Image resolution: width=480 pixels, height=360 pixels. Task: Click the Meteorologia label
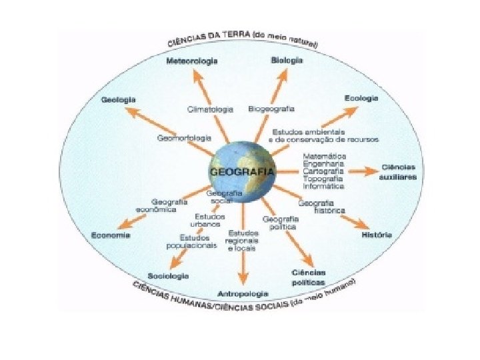[192, 61]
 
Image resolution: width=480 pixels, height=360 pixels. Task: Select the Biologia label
[287, 60]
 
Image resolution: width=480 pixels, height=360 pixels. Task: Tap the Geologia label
[119, 100]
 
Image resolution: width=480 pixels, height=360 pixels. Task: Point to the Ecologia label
[361, 98]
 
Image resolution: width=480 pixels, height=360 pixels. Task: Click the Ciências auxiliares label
[397, 172]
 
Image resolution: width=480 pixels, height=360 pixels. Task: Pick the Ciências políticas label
[308, 277]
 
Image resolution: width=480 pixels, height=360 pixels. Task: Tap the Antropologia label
[243, 293]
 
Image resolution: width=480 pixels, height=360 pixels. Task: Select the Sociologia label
[168, 275]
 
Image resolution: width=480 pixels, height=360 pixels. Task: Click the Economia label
[111, 235]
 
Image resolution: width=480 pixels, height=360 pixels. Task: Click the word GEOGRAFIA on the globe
[241, 171]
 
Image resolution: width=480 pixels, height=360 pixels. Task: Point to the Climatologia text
[210, 109]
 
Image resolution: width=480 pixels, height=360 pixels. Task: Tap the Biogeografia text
[271, 108]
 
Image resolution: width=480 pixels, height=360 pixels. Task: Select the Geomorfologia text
[185, 138]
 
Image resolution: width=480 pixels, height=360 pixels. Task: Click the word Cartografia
[323, 171]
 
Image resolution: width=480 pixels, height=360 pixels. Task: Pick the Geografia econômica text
[156, 205]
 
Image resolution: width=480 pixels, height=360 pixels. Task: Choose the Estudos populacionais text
[198, 241]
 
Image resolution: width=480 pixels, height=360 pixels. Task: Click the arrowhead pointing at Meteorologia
[196, 73]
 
